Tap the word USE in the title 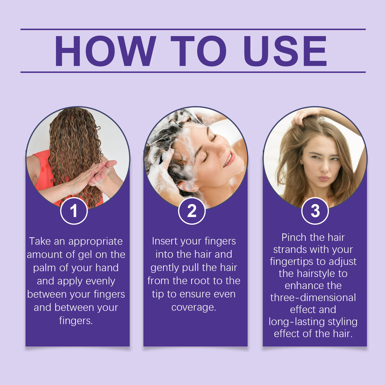coord(285,51)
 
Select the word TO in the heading coord(199,51)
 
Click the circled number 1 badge coord(74,211)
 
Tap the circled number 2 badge coord(192,211)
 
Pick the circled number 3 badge coord(315,211)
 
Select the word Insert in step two coord(165,241)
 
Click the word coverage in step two coord(193,307)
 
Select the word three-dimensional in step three coord(313,297)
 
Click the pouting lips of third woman coord(323,178)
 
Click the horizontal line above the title coord(193,29)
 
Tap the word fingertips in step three coord(293,262)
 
